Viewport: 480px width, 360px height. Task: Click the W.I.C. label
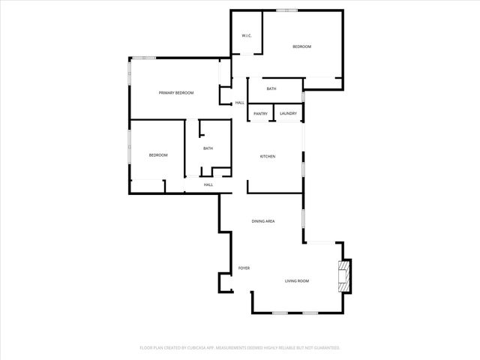245,37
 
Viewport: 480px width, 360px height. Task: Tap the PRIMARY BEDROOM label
176,92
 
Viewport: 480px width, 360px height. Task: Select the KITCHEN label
268,156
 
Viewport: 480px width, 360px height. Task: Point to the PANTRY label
260,113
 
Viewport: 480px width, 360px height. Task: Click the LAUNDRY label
288,113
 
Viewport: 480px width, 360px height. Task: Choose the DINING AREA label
263,221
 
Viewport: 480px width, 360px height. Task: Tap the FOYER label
244,268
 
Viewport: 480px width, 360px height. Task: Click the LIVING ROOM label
297,280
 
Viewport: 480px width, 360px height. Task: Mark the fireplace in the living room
345,274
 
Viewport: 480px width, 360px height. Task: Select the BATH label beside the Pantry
271,89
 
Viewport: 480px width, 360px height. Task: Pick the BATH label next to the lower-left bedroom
208,148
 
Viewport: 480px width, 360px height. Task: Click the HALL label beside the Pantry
240,103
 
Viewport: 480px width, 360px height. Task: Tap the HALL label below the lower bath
208,184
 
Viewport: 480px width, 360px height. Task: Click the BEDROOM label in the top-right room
301,46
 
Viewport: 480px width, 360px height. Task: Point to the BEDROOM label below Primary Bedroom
157,154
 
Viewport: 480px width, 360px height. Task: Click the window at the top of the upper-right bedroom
286,10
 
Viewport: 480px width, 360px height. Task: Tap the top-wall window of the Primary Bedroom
145,58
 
